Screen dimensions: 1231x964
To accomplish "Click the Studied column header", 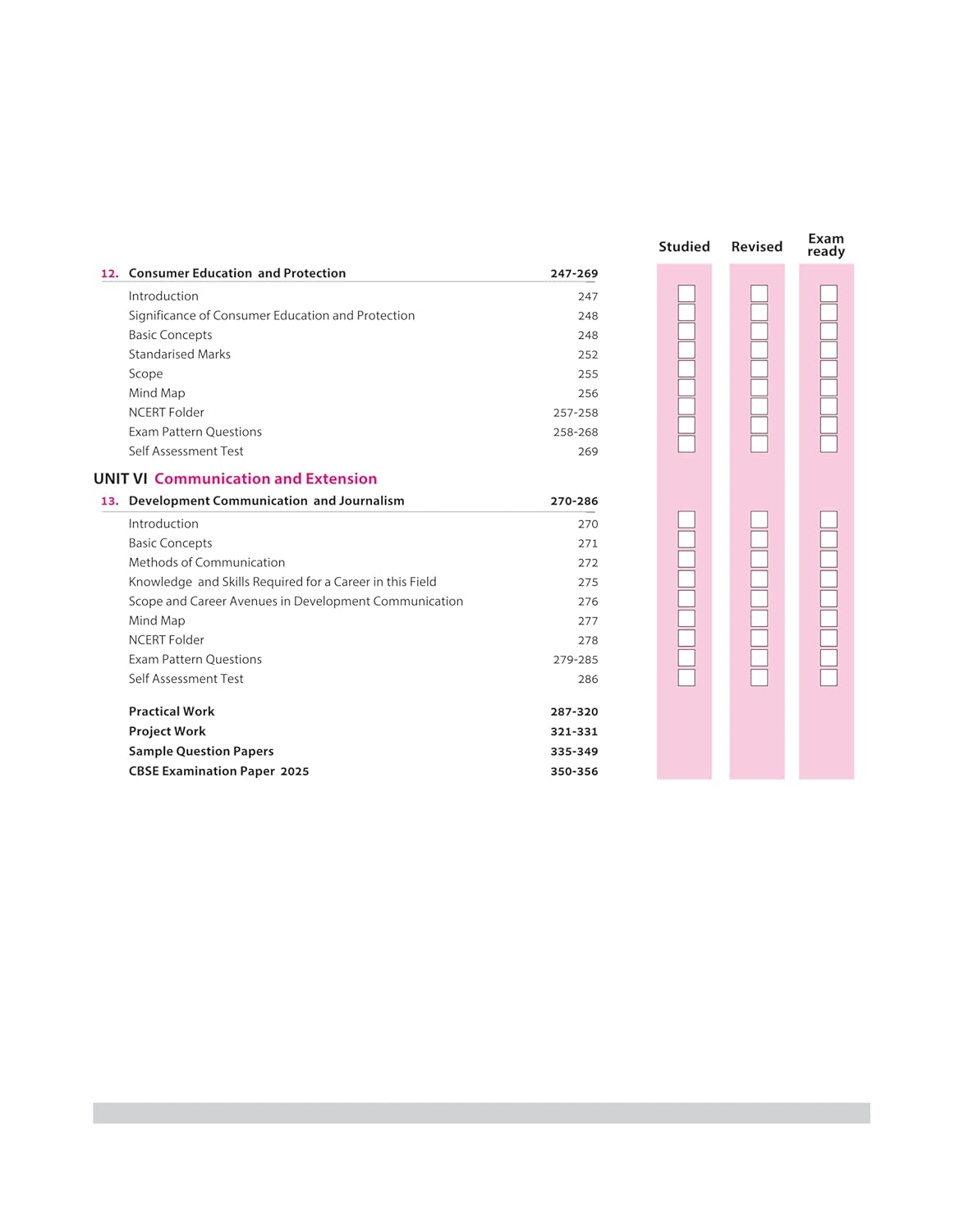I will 684,246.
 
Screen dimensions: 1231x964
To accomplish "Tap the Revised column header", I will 756,246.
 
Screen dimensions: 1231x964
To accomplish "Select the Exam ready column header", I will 826,245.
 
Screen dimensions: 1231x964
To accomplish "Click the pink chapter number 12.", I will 109,273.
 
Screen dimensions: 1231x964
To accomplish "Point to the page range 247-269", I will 574,273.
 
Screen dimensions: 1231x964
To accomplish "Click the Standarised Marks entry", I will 179,355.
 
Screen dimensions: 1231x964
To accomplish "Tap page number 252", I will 588,355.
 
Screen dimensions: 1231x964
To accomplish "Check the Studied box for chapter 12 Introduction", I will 686,293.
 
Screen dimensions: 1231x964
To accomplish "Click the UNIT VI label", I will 121,478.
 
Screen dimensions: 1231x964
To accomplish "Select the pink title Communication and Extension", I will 265,478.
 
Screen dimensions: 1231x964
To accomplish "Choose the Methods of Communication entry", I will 207,562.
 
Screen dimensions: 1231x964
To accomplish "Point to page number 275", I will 588,582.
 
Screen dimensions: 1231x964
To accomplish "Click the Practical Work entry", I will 172,712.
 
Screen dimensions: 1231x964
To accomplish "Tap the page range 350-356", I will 574,771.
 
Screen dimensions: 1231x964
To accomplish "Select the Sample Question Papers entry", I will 201,751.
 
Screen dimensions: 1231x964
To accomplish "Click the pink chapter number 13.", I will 109,501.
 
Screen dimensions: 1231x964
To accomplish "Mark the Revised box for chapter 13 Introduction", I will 759,519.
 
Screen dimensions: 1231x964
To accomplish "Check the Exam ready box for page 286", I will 829,678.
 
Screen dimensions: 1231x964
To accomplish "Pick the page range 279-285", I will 576,660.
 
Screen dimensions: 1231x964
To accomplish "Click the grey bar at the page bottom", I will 481,1113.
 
